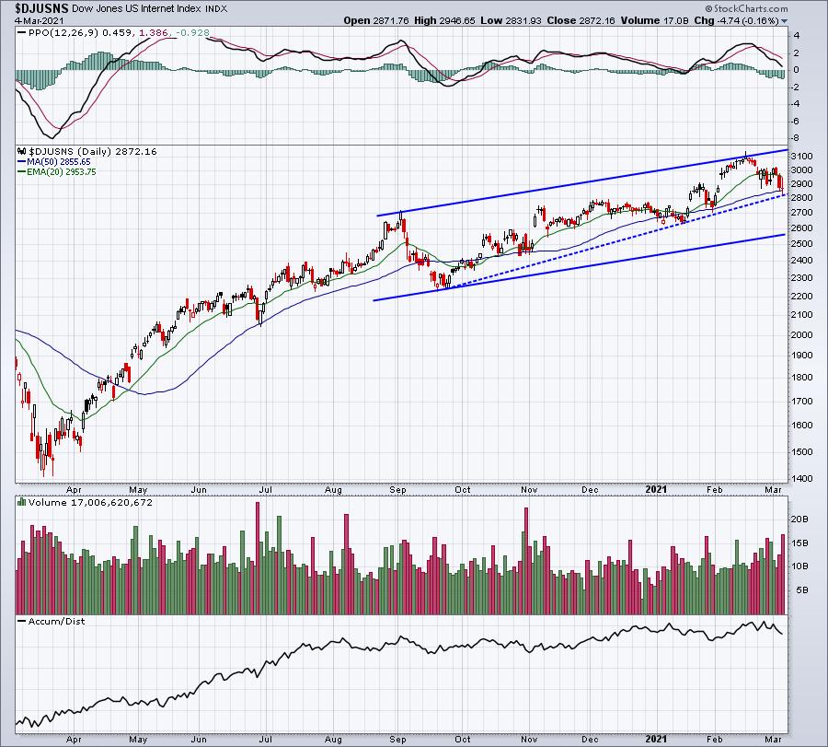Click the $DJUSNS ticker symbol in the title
41,8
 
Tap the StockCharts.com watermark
746,8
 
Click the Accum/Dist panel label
56,621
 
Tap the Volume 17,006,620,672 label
90,502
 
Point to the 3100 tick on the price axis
802,157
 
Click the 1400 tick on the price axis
802,478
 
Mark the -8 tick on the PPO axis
797,138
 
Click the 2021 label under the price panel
656,489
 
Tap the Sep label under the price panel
397,489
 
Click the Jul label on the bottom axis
265,740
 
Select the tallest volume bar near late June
258,558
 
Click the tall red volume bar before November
526,561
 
